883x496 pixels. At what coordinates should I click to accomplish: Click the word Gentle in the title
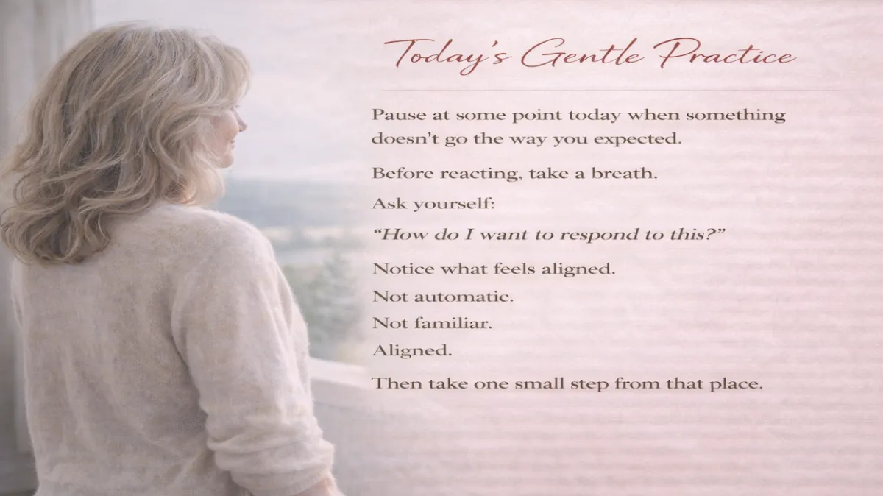569,54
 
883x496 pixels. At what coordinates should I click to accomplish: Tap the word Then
394,383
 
